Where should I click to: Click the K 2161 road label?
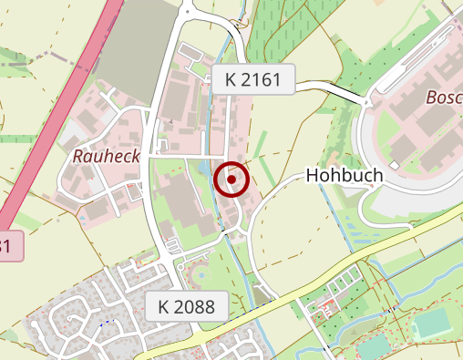click(x=252, y=79)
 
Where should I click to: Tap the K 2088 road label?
click(x=186, y=306)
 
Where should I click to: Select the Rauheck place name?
click(x=106, y=156)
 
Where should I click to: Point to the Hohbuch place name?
click(x=344, y=175)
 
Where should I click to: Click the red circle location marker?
click(x=232, y=180)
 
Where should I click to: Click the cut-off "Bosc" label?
click(x=444, y=97)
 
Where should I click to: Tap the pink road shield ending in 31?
click(x=7, y=245)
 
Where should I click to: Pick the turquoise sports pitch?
click(x=432, y=324)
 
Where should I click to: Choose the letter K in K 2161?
click(x=230, y=79)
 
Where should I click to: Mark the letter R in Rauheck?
click(x=77, y=156)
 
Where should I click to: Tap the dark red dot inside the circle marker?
click(x=232, y=180)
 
